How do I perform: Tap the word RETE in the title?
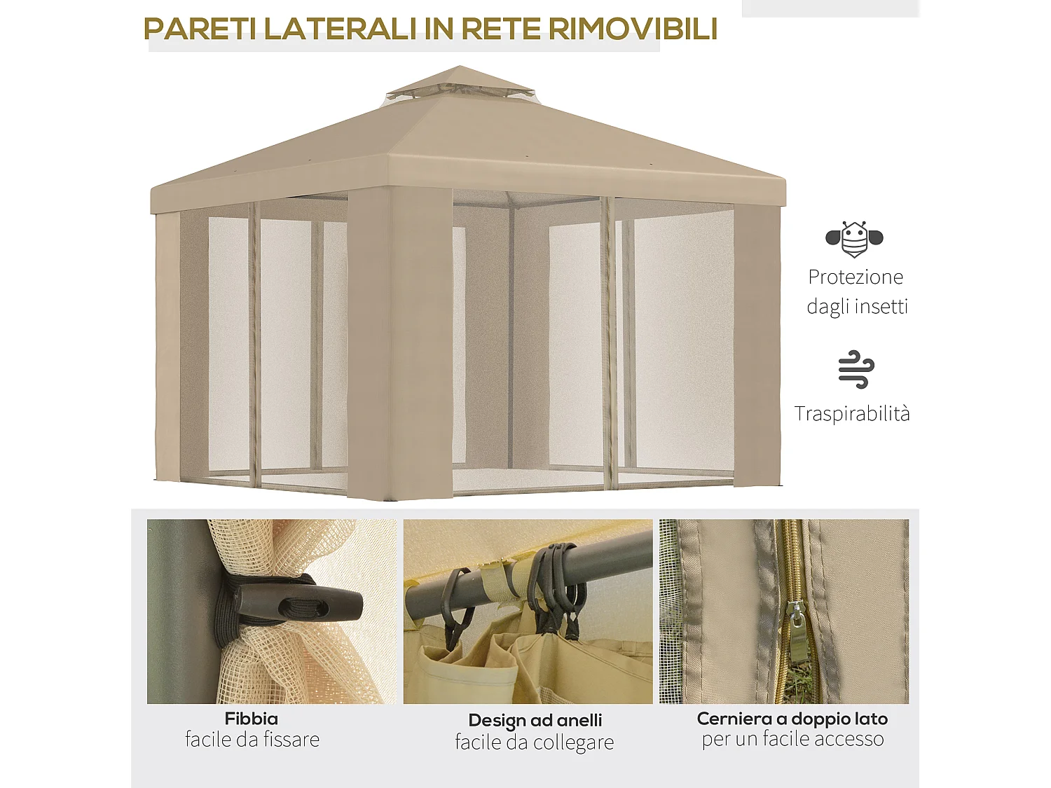tap(500, 29)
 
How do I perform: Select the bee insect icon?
tap(854, 240)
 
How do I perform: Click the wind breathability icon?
tap(856, 369)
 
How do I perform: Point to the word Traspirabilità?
tap(852, 413)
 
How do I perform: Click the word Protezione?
tap(855, 277)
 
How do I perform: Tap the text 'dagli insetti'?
tap(857, 306)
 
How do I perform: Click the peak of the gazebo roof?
tap(460, 68)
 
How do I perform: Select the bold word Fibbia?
tap(251, 719)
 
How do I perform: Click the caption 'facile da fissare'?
tap(252, 740)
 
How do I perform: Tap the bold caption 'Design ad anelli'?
tap(535, 720)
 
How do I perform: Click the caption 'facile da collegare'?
tap(534, 742)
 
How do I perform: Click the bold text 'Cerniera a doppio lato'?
tap(792, 719)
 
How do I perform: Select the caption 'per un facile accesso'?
tap(792, 739)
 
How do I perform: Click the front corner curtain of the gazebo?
tap(399, 343)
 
